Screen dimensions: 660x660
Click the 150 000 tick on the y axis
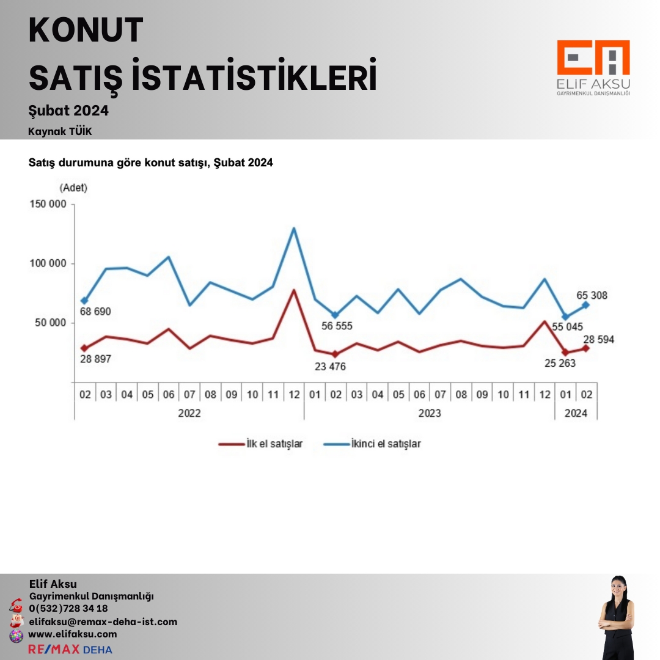click(x=48, y=205)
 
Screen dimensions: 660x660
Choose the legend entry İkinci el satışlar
click(x=385, y=444)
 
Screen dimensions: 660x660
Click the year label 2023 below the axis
click(x=430, y=413)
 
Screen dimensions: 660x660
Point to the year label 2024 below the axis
click(x=576, y=413)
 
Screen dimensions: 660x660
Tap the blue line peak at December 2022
click(x=294, y=229)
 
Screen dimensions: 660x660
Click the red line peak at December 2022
click(x=294, y=290)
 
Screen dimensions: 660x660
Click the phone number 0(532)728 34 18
click(x=68, y=608)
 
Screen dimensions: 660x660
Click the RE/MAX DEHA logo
click(x=70, y=649)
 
